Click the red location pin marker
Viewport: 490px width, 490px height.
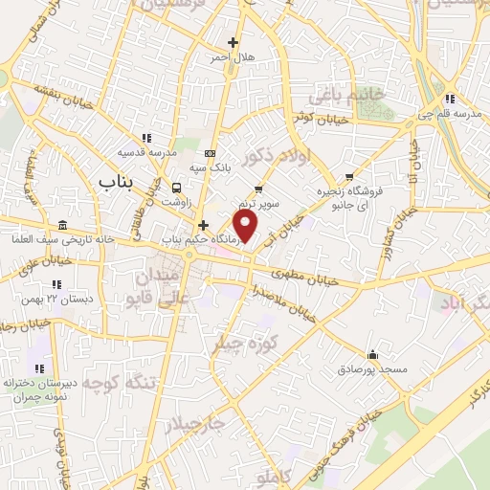[246, 227]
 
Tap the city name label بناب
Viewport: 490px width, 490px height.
[116, 180]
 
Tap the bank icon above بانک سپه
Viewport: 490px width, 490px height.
[210, 153]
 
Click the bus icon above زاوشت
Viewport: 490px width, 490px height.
[176, 187]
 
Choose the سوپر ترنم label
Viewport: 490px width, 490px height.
[259, 204]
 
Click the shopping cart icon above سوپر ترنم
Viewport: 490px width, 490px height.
[258, 189]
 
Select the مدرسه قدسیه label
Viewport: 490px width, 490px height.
[145, 152]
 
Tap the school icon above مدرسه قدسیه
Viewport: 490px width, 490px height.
[145, 138]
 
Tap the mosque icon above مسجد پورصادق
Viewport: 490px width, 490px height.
[373, 353]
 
